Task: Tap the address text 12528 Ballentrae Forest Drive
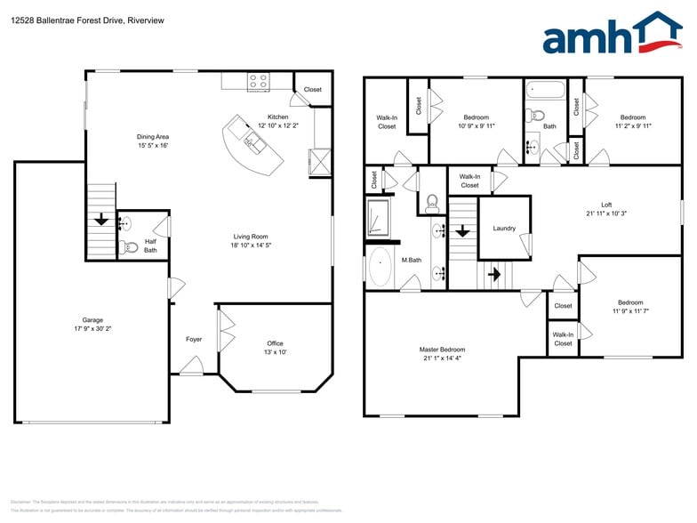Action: tap(67, 20)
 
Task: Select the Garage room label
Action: tap(92, 320)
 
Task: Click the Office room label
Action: tap(275, 343)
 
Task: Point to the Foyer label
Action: tap(193, 339)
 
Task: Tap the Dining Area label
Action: tap(152, 137)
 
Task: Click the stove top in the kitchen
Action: tap(258, 82)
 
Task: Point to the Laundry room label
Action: tap(504, 229)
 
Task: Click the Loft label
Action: tap(606, 205)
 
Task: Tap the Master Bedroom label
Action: tap(442, 350)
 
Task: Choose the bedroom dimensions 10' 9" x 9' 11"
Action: tap(476, 126)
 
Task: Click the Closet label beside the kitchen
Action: tap(313, 89)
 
